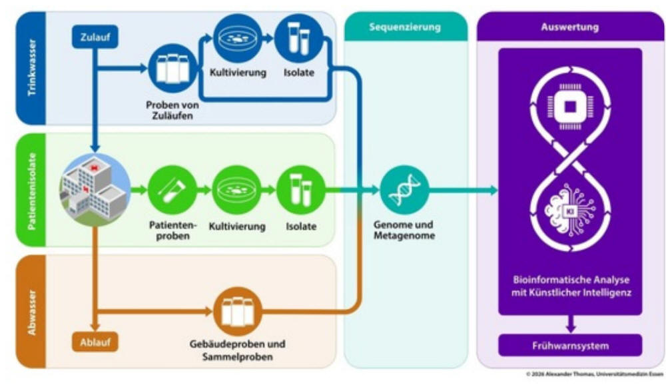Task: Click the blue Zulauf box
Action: point(95,37)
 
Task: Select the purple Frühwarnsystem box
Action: point(570,346)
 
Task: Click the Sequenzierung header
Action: point(405,27)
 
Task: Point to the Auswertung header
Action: point(570,27)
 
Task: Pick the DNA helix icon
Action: point(404,190)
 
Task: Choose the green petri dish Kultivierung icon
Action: point(236,190)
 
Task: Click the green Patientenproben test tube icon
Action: point(172,190)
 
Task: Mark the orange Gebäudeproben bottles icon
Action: point(237,311)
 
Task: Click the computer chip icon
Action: point(570,107)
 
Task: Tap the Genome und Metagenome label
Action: point(404,230)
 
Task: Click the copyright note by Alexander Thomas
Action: point(594,374)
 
